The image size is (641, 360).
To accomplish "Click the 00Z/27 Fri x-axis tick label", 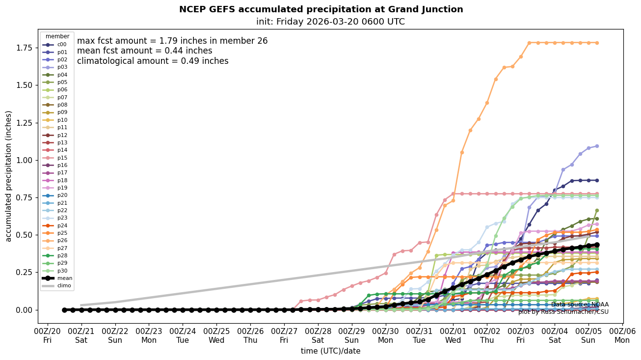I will tap(284, 335).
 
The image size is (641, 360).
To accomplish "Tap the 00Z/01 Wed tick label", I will tap(453, 335).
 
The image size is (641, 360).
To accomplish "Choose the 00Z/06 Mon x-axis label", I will tap(622, 335).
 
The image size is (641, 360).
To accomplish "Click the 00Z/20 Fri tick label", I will tap(48, 335).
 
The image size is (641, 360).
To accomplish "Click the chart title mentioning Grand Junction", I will tap(320, 9).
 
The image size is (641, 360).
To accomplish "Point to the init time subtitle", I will tap(330, 22).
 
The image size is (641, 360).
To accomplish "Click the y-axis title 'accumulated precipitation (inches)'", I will tap(8, 176).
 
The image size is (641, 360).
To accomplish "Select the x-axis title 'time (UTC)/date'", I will tap(330, 351).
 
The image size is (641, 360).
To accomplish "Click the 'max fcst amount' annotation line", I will tap(172, 41).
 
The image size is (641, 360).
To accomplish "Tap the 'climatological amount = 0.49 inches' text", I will tap(153, 61).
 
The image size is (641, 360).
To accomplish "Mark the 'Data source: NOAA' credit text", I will tap(580, 305).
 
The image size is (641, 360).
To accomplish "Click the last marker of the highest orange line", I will tap(597, 43).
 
